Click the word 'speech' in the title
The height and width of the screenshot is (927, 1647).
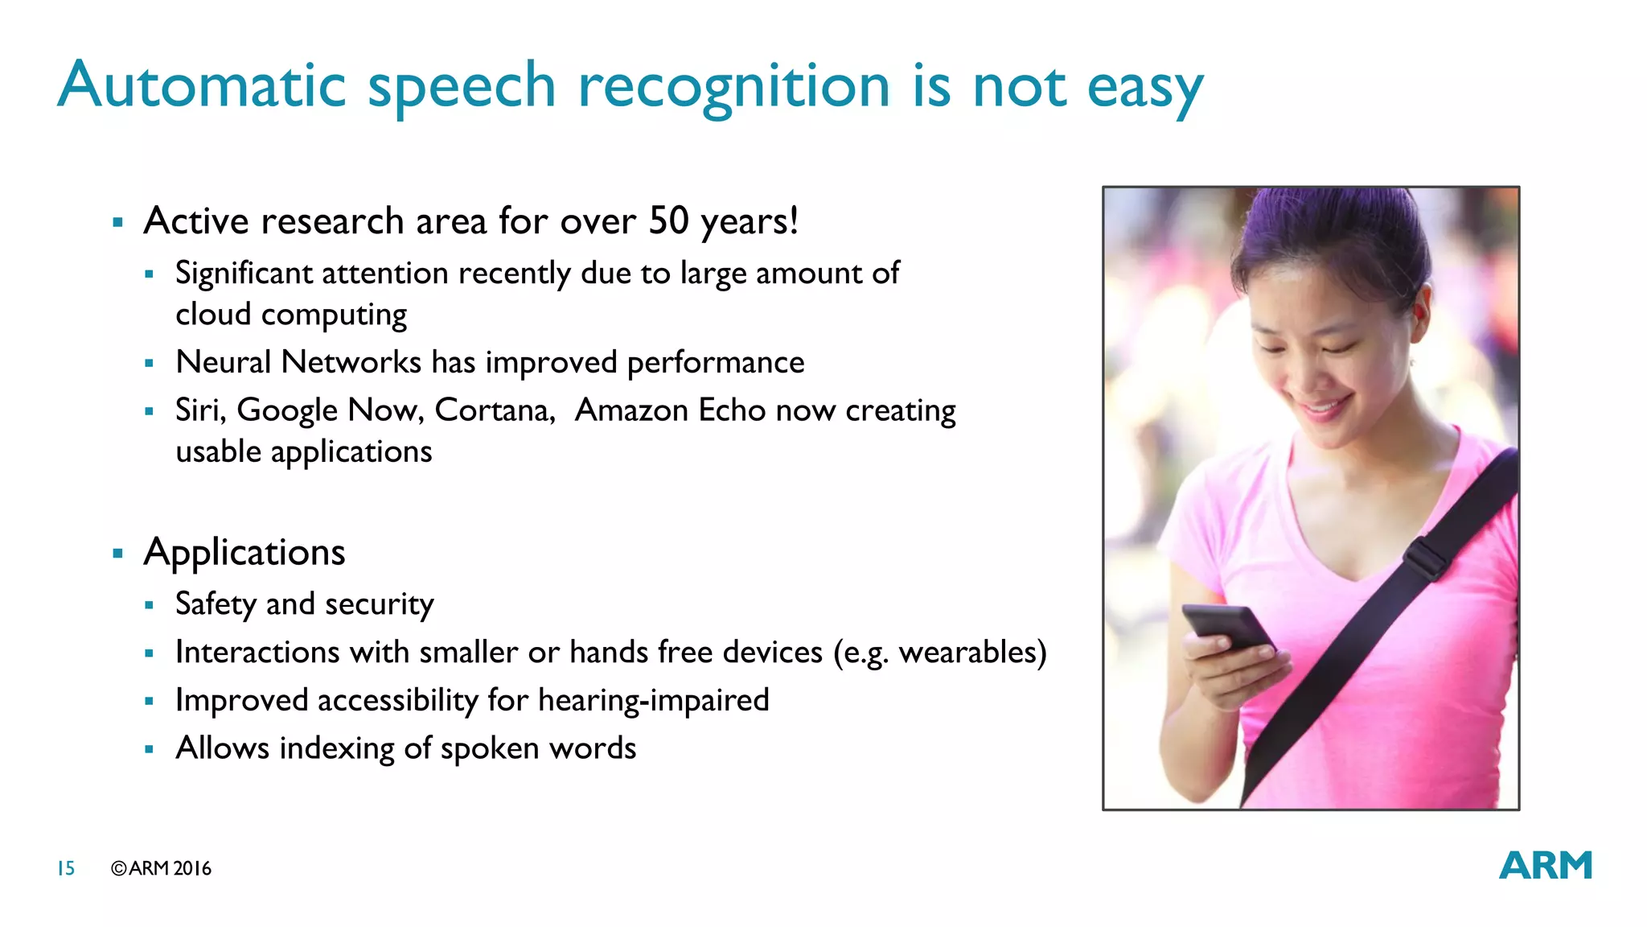pyautogui.click(x=461, y=87)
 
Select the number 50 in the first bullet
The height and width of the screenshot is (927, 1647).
pyautogui.click(x=668, y=220)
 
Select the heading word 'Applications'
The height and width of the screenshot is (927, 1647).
pyautogui.click(x=244, y=553)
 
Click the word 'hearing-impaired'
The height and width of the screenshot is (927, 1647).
pyautogui.click(x=653, y=700)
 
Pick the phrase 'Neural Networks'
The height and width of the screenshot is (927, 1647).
pyautogui.click(x=298, y=362)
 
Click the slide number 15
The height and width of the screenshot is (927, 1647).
pyautogui.click(x=66, y=868)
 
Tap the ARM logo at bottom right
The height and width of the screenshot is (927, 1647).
pyautogui.click(x=1545, y=866)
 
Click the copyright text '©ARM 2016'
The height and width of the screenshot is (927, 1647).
pyautogui.click(x=161, y=868)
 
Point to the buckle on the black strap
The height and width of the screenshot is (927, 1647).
pyautogui.click(x=1427, y=558)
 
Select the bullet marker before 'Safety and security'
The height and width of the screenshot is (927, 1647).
pyautogui.click(x=149, y=605)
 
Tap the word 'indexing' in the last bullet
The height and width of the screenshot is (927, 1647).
pyautogui.click(x=337, y=748)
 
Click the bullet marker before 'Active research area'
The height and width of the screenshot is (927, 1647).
pyautogui.click(x=118, y=222)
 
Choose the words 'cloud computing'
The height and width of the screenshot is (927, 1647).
pyautogui.click(x=291, y=315)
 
